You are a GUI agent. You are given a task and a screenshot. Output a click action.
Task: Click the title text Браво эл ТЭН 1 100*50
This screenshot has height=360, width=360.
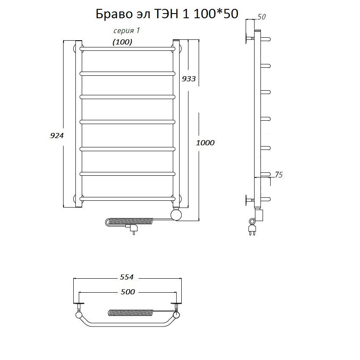pos(167,14)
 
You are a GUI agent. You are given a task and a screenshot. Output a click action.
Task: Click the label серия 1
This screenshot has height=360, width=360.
pos(127,30)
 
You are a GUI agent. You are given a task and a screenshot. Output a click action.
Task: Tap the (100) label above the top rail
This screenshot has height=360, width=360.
pos(122,42)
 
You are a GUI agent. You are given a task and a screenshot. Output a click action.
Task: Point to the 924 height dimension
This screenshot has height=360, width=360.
pos(57,136)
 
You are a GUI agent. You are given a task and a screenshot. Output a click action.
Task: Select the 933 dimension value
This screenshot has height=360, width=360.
pos(189,79)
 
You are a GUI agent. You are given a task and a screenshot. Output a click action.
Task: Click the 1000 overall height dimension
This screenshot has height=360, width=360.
pos(205,143)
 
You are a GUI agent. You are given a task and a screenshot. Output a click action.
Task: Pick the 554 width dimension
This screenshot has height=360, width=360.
pos(127,277)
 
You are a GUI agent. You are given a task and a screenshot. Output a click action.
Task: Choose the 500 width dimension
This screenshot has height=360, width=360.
pos(127,292)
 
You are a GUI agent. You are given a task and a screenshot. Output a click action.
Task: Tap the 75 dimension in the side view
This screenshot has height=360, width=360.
pos(279,175)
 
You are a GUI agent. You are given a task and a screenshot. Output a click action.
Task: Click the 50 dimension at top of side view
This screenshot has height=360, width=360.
pos(261,17)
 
